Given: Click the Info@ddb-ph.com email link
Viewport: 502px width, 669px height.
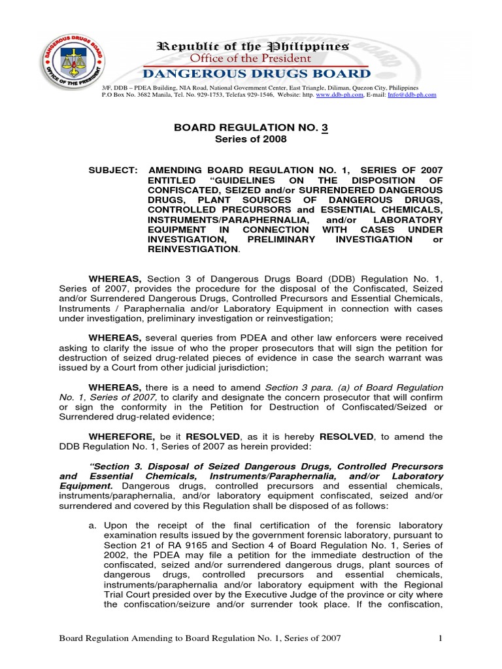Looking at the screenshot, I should [412, 95].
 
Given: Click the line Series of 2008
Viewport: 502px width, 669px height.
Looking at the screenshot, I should [251, 139].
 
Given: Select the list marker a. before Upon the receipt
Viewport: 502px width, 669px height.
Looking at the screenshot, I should [93, 525].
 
